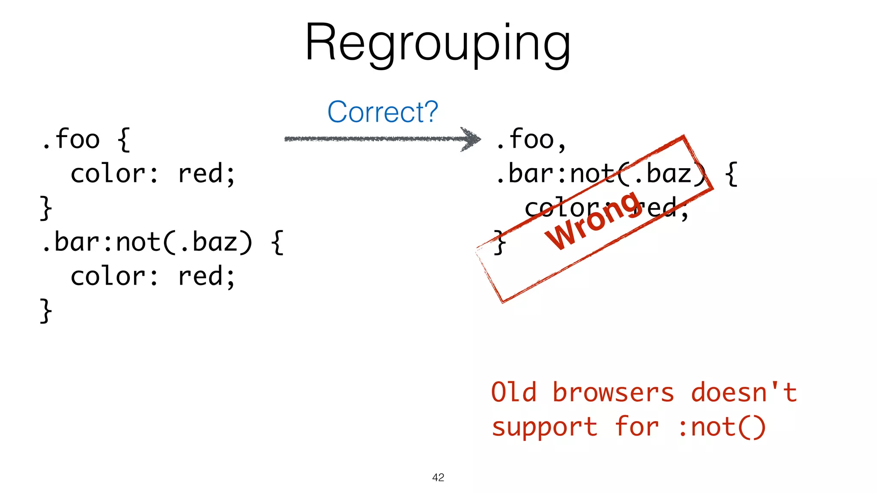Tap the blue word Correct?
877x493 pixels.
[382, 112]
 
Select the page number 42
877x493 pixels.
[438, 478]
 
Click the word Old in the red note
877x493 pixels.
[513, 392]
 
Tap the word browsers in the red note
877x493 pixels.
[613, 392]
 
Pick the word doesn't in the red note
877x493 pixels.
[743, 392]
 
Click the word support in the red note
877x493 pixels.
[544, 427]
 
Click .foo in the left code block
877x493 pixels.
[71, 139]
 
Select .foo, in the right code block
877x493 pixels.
[531, 139]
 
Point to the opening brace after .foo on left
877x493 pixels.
[124, 139]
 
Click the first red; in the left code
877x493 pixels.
[206, 174]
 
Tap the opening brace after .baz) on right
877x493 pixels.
[732, 174]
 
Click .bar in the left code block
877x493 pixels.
[71, 242]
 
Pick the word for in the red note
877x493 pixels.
[637, 427]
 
